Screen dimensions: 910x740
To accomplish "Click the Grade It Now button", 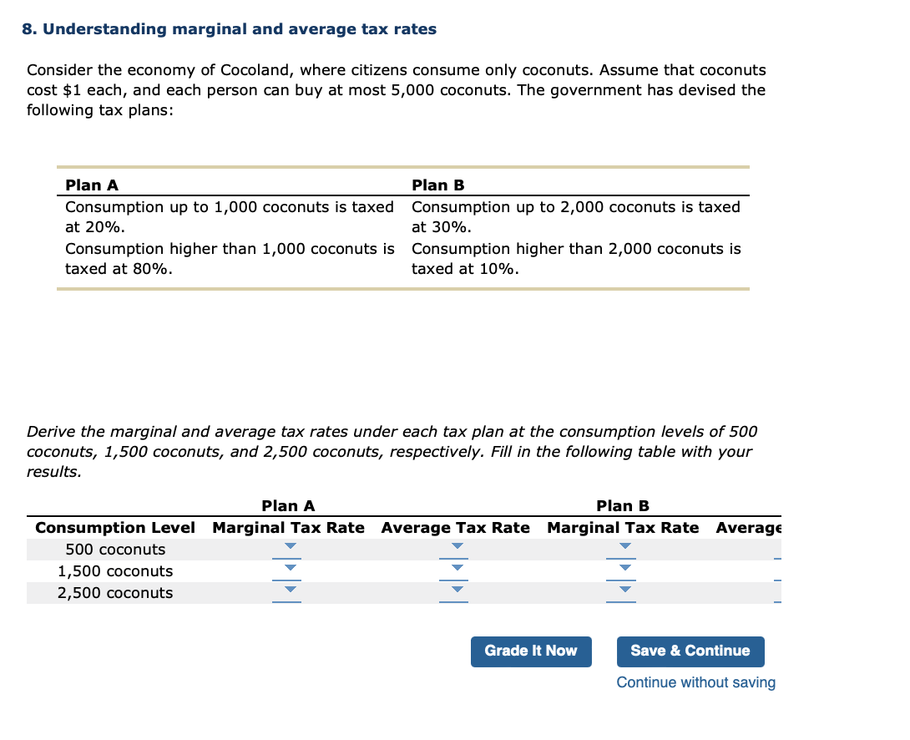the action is click(531, 651).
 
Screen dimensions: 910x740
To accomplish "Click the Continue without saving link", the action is click(695, 682).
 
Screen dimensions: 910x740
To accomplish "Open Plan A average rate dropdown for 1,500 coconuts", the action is click(456, 570).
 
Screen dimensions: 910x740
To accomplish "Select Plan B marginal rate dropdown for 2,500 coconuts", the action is click(623, 592).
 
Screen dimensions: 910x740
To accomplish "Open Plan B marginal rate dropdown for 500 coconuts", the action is click(623, 549).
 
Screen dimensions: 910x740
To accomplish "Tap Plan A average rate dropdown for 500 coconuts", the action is click(456, 549).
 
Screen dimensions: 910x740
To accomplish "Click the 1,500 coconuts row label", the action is click(115, 571).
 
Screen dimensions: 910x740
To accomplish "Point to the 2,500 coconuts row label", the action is click(115, 593).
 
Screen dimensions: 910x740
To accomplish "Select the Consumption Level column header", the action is click(115, 528).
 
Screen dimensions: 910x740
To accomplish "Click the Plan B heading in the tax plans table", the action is click(438, 185).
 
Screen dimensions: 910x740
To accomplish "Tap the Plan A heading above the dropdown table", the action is click(288, 506).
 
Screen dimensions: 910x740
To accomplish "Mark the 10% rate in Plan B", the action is click(498, 269).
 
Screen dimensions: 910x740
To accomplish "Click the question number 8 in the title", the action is click(28, 30).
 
